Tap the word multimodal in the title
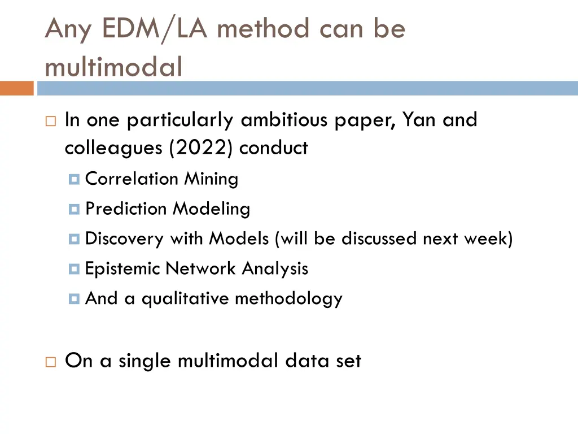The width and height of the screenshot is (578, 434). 113,67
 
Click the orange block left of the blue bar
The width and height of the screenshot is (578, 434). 17,89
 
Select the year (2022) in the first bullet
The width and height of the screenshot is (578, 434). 202,148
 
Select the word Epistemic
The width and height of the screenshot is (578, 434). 122,268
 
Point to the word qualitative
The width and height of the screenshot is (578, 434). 185,298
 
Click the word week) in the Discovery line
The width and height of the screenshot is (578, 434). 488,238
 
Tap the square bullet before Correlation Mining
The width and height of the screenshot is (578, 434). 74,180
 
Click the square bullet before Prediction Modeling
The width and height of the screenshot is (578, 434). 74,210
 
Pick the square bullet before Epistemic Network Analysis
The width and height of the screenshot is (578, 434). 74,270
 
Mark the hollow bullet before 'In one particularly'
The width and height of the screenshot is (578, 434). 50,121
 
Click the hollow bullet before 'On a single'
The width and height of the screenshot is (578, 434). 50,362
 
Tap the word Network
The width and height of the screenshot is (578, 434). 201,268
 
